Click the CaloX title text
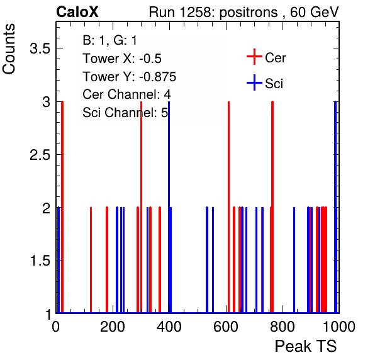click(x=77, y=12)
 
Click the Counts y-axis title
click(x=9, y=49)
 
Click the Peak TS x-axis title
click(x=306, y=346)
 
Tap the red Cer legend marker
click(x=254, y=57)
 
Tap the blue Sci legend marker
click(x=254, y=82)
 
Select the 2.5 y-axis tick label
click(x=40, y=155)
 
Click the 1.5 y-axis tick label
click(x=40, y=261)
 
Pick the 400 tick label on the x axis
click(x=169, y=327)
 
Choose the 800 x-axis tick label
click(x=283, y=327)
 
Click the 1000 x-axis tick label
click(x=339, y=327)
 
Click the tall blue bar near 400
click(x=169, y=207)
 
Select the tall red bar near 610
click(x=228, y=207)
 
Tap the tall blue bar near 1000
click(x=335, y=207)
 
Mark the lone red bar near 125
click(x=91, y=260)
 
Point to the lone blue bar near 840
click(x=294, y=260)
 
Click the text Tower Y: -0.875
click(x=130, y=77)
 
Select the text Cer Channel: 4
click(x=126, y=94)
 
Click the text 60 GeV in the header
click(x=314, y=12)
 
